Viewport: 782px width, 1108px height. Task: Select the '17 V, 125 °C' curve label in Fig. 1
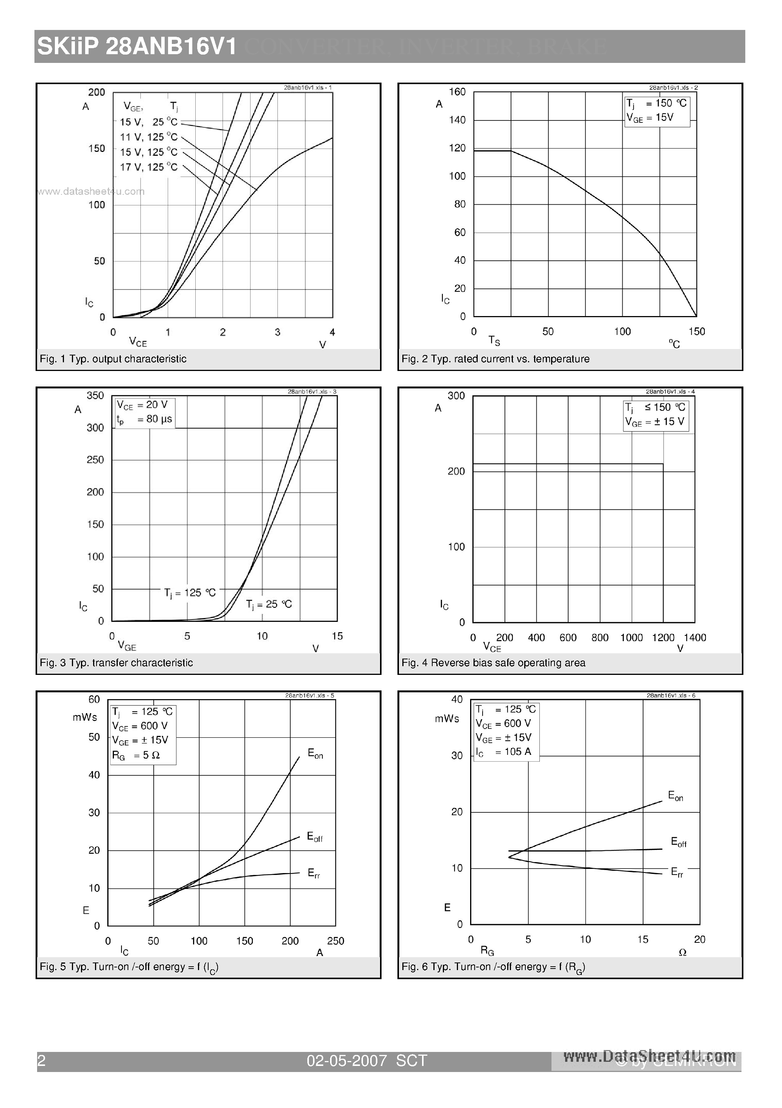click(x=148, y=167)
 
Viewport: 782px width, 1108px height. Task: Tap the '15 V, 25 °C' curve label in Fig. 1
click(x=148, y=122)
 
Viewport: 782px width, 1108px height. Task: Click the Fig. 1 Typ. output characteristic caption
click(x=113, y=359)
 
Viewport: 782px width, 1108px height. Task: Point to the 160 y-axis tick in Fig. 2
click(x=457, y=92)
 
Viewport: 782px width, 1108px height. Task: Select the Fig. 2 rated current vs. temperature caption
click(x=495, y=359)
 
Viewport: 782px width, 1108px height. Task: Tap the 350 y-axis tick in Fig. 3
click(x=95, y=396)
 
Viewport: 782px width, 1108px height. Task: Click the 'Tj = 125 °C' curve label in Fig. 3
click(x=190, y=593)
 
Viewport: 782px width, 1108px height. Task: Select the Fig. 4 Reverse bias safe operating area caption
click(x=493, y=663)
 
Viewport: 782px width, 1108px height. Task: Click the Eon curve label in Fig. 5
click(x=315, y=754)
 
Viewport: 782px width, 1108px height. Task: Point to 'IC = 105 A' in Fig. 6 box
click(x=503, y=752)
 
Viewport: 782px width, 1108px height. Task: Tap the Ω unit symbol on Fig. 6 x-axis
click(x=682, y=953)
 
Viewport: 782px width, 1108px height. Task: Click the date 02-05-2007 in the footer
click(x=347, y=1060)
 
